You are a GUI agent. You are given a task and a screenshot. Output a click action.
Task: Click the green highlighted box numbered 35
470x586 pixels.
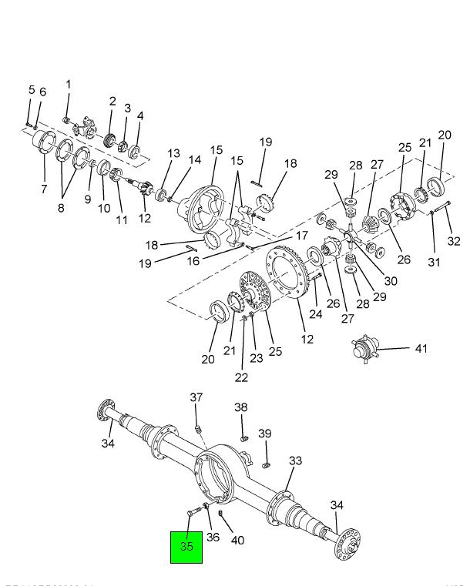(x=186, y=547)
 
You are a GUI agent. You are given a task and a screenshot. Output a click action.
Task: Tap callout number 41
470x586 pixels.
(x=420, y=349)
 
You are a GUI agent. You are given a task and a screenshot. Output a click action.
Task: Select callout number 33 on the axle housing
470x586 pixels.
(x=296, y=461)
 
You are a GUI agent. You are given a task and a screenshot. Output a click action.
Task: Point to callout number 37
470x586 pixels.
(x=196, y=397)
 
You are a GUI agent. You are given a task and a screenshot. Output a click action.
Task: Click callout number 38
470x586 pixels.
(x=241, y=407)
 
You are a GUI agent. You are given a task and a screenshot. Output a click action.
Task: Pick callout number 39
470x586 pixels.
(x=264, y=434)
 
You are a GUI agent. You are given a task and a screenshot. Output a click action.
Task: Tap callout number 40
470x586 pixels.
(x=237, y=541)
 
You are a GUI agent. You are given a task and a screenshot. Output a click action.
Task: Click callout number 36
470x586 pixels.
(x=213, y=537)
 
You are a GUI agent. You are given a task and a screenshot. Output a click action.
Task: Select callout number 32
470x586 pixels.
(x=454, y=241)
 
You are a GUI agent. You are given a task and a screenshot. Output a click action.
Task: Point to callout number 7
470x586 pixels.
(x=43, y=189)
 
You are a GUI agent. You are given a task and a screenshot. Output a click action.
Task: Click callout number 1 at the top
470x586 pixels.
(x=68, y=84)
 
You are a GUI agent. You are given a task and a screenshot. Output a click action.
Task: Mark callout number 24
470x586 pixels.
(x=315, y=313)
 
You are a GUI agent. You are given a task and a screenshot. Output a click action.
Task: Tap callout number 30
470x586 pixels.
(x=391, y=281)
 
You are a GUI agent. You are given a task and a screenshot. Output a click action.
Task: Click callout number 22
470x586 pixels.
(x=242, y=377)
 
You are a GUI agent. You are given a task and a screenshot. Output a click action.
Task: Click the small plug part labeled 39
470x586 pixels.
(x=267, y=464)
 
